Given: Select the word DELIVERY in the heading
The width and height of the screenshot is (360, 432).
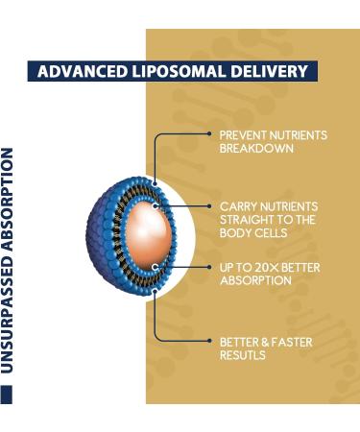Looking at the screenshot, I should click(266, 72).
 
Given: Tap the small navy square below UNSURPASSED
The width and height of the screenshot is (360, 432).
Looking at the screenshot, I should click(8, 395).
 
